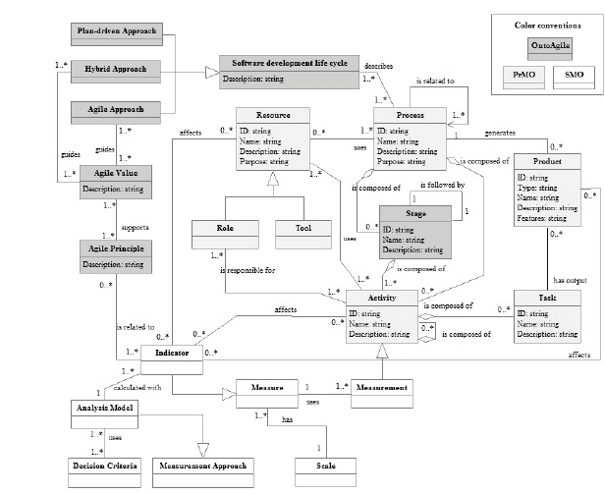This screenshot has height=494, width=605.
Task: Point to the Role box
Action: coord(224,228)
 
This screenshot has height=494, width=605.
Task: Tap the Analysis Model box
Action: coord(102,408)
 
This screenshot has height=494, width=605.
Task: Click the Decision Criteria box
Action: coord(102,465)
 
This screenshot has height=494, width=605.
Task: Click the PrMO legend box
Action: coord(517,75)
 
